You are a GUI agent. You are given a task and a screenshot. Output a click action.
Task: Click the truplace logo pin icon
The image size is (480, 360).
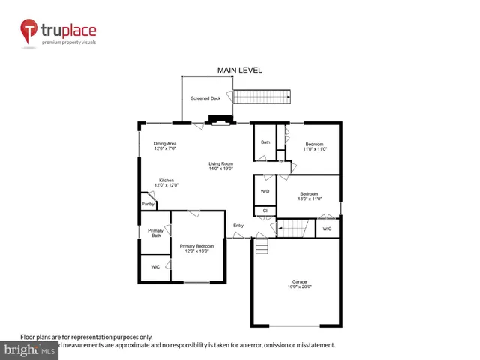[29, 31]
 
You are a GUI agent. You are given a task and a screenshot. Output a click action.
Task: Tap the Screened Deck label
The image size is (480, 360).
[205, 98]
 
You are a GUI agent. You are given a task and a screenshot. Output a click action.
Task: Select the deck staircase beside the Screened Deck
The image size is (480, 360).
[261, 97]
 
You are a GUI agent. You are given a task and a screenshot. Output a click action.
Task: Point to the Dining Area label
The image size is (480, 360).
[165, 146]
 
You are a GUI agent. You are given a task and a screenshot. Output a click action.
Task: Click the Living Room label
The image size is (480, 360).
[221, 166]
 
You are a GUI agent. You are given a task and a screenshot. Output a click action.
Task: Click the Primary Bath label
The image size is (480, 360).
[155, 233]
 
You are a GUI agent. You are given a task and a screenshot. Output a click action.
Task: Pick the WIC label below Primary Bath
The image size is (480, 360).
[155, 266]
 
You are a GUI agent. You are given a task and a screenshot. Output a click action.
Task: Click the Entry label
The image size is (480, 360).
[238, 226]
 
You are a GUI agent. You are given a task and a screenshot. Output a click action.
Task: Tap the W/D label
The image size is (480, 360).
[265, 191]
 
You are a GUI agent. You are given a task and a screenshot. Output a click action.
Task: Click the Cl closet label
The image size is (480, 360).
[265, 211]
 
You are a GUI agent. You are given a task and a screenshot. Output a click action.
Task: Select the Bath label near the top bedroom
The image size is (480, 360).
[265, 142]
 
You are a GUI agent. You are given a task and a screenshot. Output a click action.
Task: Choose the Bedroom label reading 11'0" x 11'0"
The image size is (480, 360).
[314, 147]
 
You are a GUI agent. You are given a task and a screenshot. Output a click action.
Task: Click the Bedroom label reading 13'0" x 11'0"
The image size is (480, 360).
[310, 196]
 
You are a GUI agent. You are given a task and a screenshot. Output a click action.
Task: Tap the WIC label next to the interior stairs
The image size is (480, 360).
[327, 229]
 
